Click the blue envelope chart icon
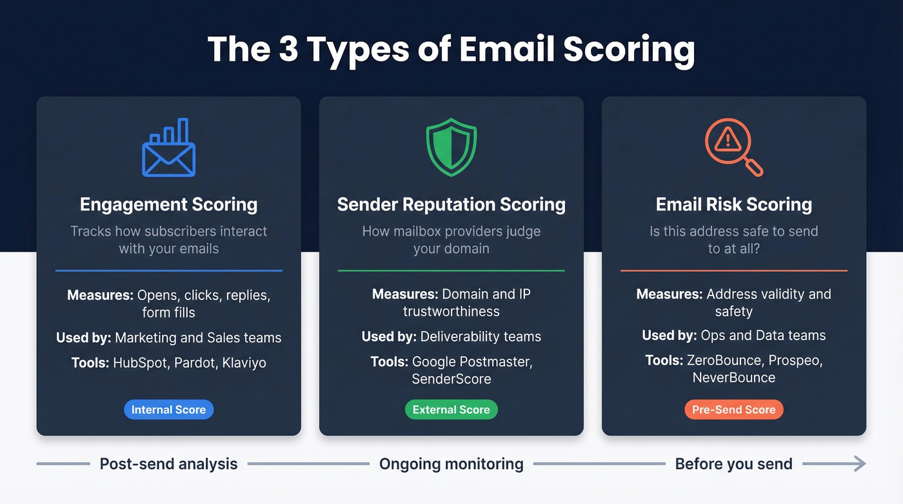click(168, 148)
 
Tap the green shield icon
click(451, 148)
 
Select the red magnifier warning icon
click(733, 148)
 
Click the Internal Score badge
click(168, 410)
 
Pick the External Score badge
click(451, 410)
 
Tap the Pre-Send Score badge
click(733, 410)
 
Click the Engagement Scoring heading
click(168, 205)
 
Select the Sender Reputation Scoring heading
click(451, 205)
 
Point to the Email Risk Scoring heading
click(733, 205)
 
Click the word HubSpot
click(142, 363)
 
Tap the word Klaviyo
click(244, 363)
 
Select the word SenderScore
click(451, 379)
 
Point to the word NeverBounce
click(733, 378)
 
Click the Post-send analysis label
click(168, 463)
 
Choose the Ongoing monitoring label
click(451, 463)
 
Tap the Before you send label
click(733, 463)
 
